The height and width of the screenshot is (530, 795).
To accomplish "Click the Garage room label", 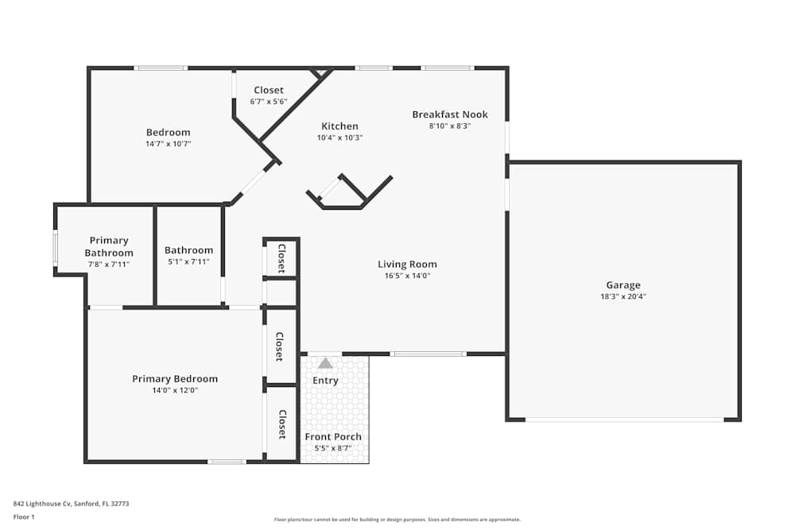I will click(x=622, y=285).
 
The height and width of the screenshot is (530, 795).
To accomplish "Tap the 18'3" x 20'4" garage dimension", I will click(x=622, y=296).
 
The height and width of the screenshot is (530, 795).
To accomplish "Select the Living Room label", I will click(x=407, y=265).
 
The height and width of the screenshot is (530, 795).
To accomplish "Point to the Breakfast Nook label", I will click(x=450, y=114).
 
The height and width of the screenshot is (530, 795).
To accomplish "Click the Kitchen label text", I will click(x=339, y=126).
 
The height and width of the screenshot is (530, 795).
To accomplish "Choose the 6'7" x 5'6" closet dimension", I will click(x=269, y=102).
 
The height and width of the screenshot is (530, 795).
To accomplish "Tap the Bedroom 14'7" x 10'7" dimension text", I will click(x=168, y=144).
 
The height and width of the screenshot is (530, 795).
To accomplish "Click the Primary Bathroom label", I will click(x=109, y=246).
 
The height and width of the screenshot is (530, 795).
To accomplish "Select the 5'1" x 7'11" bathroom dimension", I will click(x=188, y=261).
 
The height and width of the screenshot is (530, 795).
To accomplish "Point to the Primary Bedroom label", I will click(x=175, y=379).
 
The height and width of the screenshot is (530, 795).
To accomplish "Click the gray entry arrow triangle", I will click(x=325, y=363).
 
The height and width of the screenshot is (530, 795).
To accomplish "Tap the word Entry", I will click(x=325, y=381).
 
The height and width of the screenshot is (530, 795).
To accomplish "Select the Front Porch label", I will click(x=333, y=437).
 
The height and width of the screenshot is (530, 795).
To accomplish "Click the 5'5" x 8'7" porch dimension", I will click(x=333, y=448).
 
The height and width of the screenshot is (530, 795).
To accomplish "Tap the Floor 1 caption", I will click(x=24, y=516).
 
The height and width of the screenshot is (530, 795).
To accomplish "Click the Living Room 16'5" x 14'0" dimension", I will click(x=407, y=276).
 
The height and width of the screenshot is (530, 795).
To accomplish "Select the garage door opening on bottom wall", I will click(x=624, y=420).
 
